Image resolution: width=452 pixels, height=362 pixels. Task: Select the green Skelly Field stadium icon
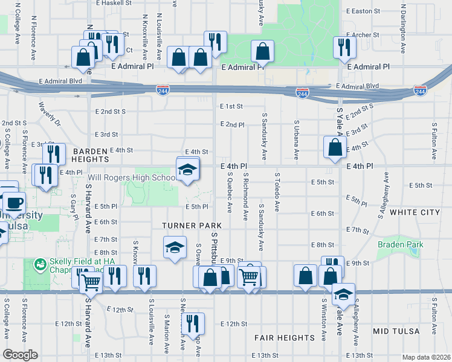pos(40,264)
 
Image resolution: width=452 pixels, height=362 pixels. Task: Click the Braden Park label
pos(400,244)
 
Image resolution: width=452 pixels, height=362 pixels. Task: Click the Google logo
pos(20,355)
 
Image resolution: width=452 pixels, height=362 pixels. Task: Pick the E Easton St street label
pos(363,11)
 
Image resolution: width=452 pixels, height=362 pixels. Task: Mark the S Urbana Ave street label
pos(296,140)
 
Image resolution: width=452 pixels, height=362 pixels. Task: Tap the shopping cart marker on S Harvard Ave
pos(91,281)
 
